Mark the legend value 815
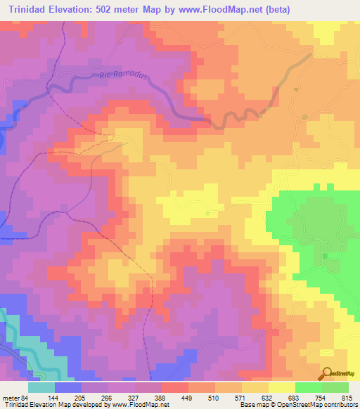click(x=349, y=398)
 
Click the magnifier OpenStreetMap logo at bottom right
click(x=328, y=375)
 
